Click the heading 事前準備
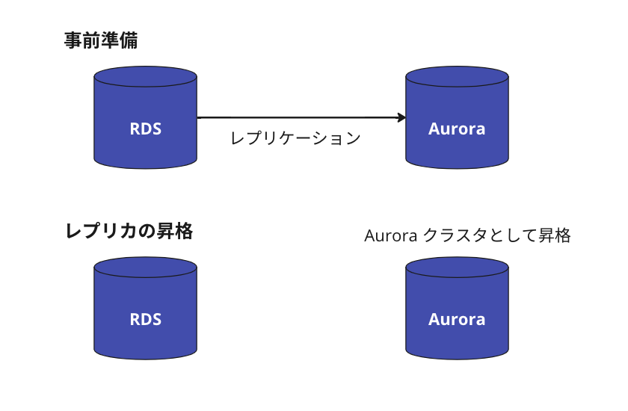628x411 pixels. tap(101, 41)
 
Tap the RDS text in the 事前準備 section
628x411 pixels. tap(146, 129)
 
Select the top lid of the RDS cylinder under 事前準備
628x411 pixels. tap(146, 77)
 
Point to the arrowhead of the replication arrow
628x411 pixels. tap(401, 117)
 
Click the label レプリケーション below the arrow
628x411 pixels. tap(295, 138)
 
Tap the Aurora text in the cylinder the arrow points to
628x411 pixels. tap(457, 129)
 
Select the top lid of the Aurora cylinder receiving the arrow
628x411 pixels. tap(457, 77)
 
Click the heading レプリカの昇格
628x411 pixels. tap(129, 232)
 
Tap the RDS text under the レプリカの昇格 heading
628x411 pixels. tap(146, 319)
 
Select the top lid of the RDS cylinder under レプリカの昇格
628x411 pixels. tap(146, 268)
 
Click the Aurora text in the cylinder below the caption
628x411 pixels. tap(457, 319)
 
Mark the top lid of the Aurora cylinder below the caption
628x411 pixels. tap(457, 268)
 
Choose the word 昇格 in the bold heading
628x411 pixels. tap(175, 232)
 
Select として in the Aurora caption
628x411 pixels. tap(514, 236)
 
